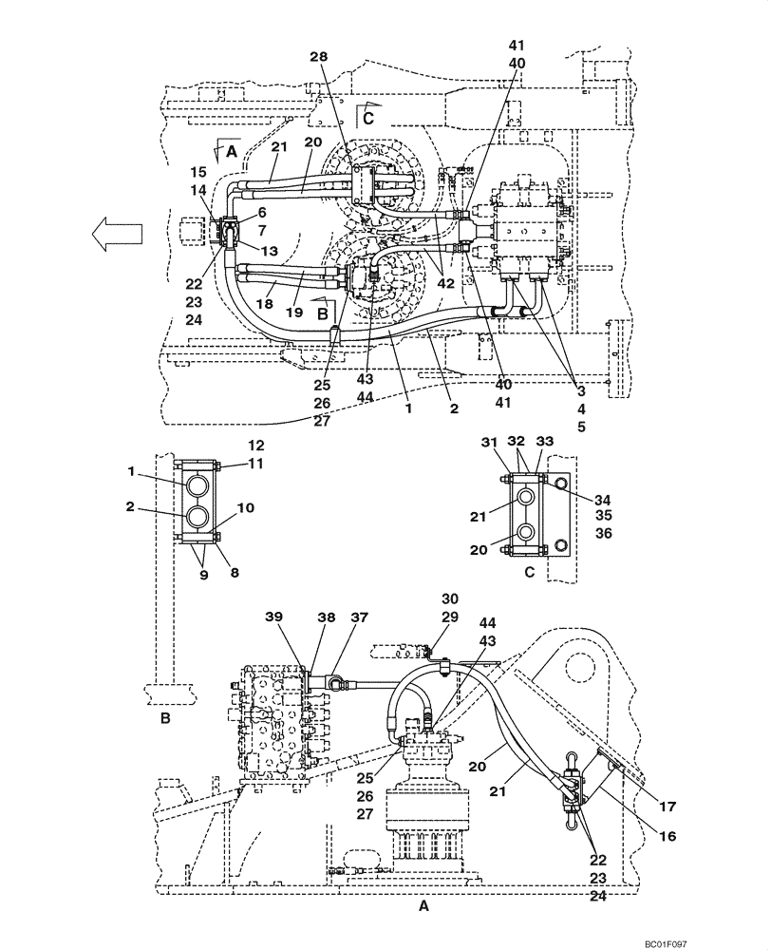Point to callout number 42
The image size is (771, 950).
tap(444, 282)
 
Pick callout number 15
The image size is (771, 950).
tap(197, 172)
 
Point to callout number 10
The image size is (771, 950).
tap(245, 508)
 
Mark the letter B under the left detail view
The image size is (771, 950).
tap(165, 720)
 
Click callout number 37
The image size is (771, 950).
tap(358, 616)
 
